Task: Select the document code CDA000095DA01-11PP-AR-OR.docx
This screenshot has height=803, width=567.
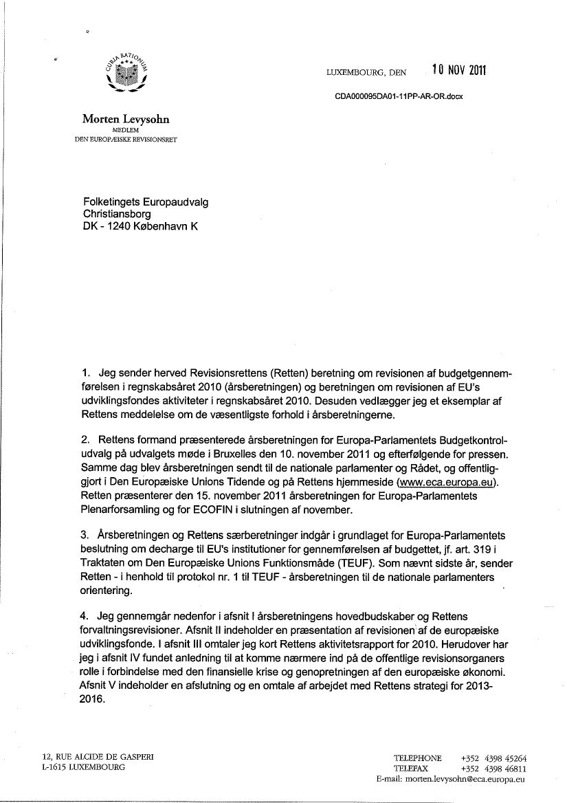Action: (x=399, y=96)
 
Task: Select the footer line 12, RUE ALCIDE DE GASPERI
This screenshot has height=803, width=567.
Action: (x=98, y=757)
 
